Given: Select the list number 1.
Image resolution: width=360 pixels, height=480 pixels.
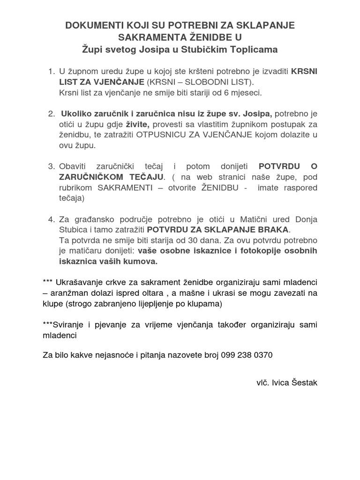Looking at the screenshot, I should coord(51,71).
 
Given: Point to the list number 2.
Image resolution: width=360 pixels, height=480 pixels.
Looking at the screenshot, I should coord(51,114).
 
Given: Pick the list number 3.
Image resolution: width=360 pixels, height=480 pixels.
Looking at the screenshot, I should coord(51,166).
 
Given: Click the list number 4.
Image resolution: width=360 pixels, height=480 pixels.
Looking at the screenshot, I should coord(51,219).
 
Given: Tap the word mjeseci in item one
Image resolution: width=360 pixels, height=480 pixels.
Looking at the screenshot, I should coord(247,92).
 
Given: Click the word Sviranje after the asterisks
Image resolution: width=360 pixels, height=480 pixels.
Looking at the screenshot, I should coord(69,325).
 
